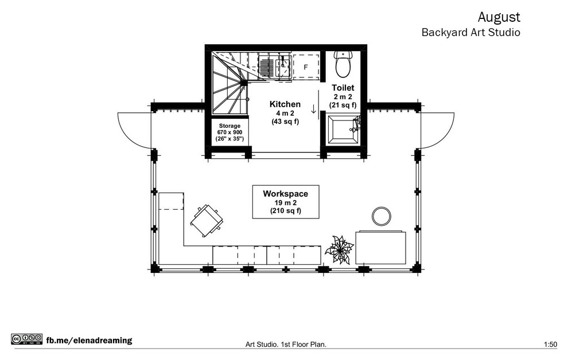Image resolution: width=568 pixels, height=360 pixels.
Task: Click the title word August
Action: click(x=499, y=17)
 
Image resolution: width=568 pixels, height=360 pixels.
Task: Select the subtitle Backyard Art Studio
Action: click(x=471, y=32)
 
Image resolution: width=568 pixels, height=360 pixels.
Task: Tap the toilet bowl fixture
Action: click(x=343, y=64)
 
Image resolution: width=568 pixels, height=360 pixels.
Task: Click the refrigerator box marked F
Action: click(x=306, y=67)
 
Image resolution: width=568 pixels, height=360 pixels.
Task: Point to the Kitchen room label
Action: click(x=285, y=104)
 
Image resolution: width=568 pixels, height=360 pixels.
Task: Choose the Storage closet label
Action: click(x=229, y=126)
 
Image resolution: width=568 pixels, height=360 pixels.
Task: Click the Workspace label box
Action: click(x=286, y=202)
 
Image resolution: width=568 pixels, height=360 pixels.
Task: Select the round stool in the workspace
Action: click(x=382, y=216)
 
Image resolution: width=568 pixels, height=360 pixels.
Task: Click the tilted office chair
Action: click(x=206, y=220)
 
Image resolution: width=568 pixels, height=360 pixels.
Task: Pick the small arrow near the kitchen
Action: click(x=314, y=109)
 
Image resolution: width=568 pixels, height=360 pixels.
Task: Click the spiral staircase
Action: click(x=229, y=83)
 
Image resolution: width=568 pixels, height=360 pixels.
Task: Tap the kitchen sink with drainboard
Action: click(x=275, y=66)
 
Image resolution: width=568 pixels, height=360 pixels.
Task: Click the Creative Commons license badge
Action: click(x=27, y=339)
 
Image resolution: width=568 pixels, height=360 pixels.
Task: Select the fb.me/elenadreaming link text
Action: click(x=89, y=341)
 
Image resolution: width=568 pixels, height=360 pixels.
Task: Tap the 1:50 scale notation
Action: click(x=550, y=345)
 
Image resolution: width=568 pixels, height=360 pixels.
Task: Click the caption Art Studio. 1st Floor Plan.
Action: click(x=286, y=345)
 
